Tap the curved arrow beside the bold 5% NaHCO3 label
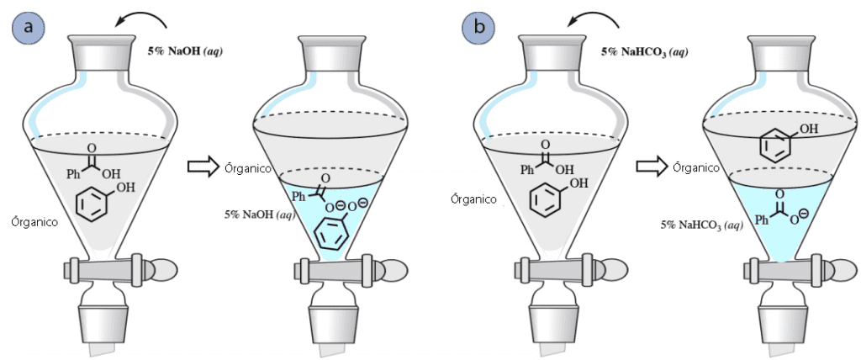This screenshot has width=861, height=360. click(x=596, y=19)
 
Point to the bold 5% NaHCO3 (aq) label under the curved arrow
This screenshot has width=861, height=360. click(x=644, y=53)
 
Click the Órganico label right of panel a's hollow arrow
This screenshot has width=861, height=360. click(x=248, y=168)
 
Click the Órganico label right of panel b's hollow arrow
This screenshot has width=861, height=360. click(x=697, y=167)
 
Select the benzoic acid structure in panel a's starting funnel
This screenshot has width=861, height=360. click(x=92, y=163)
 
